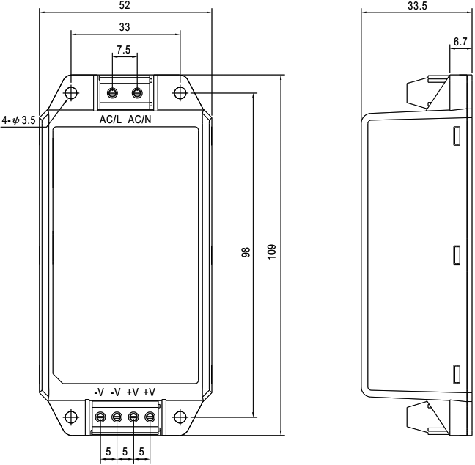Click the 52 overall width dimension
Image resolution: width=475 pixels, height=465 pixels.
coord(125,5)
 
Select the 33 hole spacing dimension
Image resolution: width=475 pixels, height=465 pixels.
coord(125,26)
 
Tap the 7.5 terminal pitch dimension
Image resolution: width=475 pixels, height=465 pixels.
coord(125,51)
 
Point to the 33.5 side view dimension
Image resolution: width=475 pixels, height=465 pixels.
coord(416,6)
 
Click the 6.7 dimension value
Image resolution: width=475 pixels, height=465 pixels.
coord(460,43)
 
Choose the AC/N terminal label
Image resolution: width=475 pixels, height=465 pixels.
coord(140,119)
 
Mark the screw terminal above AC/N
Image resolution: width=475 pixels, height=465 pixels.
coord(136,93)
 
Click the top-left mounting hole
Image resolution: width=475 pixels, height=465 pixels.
coord(71,93)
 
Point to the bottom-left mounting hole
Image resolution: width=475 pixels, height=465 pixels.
coord(70,417)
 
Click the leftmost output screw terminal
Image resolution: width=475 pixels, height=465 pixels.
coord(100,417)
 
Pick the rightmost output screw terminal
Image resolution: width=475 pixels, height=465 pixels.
coord(150,417)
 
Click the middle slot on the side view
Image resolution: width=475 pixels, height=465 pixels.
coord(456,255)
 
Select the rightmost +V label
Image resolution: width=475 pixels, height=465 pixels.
coord(150,392)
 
